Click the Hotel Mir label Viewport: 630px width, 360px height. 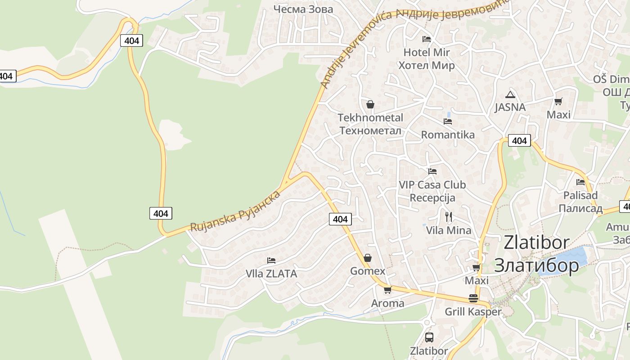click(x=427, y=52)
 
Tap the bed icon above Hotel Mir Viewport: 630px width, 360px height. click(x=427, y=39)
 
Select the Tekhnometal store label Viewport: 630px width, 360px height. click(x=370, y=118)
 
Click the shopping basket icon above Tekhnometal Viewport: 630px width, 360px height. click(x=370, y=104)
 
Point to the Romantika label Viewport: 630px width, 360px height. click(x=448, y=135)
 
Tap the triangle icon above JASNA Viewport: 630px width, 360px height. click(x=510, y=94)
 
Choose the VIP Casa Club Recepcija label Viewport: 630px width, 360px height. click(x=432, y=191)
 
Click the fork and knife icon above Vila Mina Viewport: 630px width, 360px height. click(x=449, y=217)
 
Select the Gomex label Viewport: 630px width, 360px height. click(x=368, y=271)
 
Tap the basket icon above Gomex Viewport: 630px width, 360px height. click(x=368, y=258)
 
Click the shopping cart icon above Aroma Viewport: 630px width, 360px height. click(x=387, y=290)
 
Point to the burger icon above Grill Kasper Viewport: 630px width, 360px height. click(x=473, y=298)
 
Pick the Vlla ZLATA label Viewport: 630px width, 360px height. click(x=271, y=274)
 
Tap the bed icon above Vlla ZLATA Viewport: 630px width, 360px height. click(x=271, y=260)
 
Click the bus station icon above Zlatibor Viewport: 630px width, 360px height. click(x=429, y=337)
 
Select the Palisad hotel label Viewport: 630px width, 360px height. click(x=580, y=195)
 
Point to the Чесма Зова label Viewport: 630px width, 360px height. click(x=303, y=9)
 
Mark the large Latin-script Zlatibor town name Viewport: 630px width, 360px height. click(x=536, y=243)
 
